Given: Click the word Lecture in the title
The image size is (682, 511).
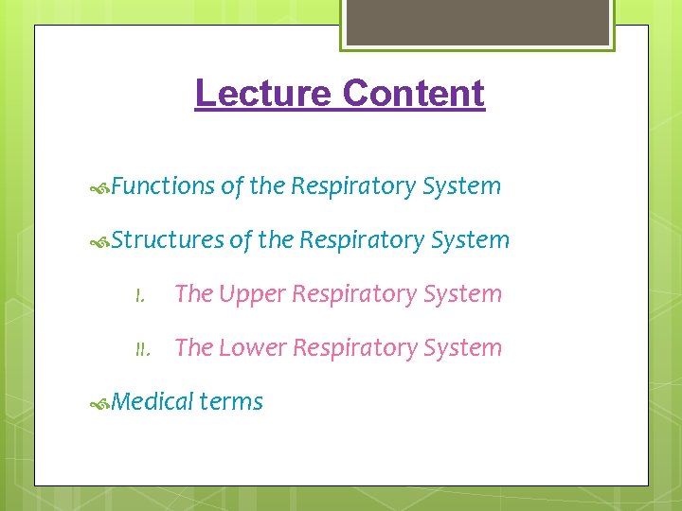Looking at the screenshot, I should [x=262, y=94].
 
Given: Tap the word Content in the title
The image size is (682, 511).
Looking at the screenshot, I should [x=414, y=94].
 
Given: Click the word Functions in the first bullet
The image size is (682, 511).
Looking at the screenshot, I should [x=163, y=186].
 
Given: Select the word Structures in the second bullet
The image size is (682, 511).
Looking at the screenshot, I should [x=168, y=240].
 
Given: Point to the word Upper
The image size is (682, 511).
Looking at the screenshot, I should [x=250, y=294].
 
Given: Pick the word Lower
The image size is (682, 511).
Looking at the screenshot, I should [x=252, y=348].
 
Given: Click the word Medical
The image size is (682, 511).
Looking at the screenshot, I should [x=153, y=402].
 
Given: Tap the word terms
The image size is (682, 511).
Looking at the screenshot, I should [x=232, y=402].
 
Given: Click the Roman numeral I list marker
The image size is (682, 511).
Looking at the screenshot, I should [x=139, y=296].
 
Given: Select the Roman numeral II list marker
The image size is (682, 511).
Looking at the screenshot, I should [x=142, y=350].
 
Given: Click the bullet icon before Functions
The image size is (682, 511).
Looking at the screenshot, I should [x=100, y=188].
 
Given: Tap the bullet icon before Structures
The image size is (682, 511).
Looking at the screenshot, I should [x=100, y=242].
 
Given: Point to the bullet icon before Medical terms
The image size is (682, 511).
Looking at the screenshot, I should [x=100, y=404].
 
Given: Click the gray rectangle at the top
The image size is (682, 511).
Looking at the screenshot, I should [x=477, y=21].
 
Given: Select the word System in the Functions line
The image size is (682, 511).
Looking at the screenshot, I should [x=462, y=186].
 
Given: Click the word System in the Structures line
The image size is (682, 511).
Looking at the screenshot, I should [x=471, y=240].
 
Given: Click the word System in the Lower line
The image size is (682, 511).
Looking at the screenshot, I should [x=463, y=348].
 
